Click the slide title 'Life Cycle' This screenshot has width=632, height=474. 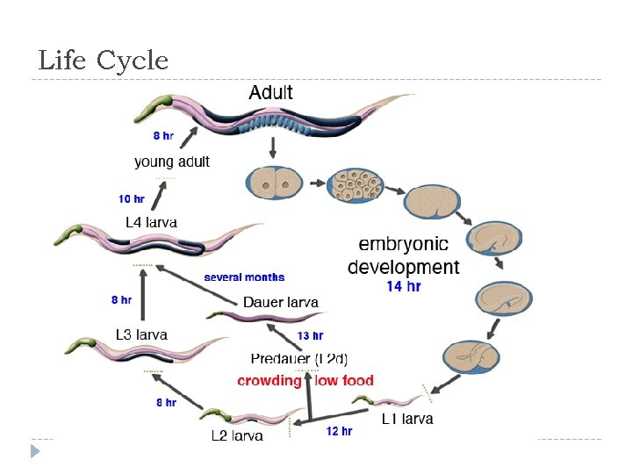point(103,61)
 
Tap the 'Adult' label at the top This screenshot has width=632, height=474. point(271,92)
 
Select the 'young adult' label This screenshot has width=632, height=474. point(172,162)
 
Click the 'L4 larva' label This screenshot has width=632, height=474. point(151,222)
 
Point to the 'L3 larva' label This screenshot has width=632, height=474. point(141,334)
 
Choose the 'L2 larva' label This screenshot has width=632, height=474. point(237,435)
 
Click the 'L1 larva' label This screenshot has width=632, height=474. point(407,419)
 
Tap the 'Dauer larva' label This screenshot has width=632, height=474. point(281,302)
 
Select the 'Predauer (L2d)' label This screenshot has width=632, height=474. point(299,358)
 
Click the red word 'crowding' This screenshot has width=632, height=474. point(269,381)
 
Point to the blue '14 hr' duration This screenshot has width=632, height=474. point(404,286)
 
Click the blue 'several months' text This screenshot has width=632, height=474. point(244,277)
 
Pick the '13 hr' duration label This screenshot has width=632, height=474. point(311,335)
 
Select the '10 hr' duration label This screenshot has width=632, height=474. point(133,199)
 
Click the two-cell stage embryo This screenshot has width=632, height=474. point(269,185)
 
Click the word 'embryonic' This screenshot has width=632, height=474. point(404,244)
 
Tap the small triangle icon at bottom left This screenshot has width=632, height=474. point(35,451)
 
